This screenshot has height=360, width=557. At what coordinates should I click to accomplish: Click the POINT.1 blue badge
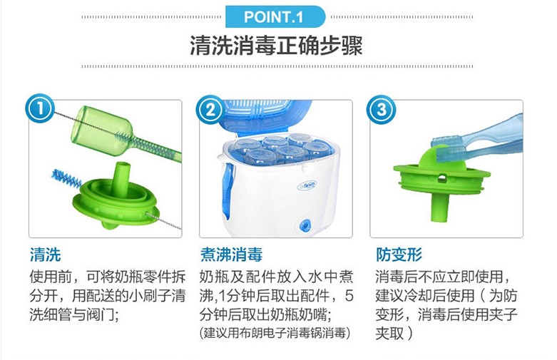pos(275,16)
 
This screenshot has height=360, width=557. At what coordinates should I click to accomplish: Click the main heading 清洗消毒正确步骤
pos(276,46)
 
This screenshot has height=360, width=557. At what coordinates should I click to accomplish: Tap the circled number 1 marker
pos(40,108)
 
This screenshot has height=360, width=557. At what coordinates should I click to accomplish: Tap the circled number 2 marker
pos(210,110)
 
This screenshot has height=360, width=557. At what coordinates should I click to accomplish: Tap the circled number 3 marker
pos(381,110)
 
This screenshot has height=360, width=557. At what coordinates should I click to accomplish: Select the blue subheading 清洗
pos(46,254)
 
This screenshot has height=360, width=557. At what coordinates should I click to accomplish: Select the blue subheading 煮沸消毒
pos(231,254)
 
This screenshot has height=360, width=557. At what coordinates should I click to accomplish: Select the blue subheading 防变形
pos(399,254)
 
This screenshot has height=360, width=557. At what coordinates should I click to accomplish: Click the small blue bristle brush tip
pos(66,178)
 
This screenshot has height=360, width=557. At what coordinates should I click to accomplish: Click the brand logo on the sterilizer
pos(307,185)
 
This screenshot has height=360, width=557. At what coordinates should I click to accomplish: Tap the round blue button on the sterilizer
pos(305,225)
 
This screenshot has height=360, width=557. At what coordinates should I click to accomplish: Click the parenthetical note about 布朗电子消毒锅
pos(275,333)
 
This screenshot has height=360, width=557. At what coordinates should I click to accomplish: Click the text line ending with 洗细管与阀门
pos(74,314)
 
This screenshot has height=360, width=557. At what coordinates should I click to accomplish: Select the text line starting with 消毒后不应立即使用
pos(444,277)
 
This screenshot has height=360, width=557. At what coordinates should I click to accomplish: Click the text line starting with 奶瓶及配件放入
pos(277,277)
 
